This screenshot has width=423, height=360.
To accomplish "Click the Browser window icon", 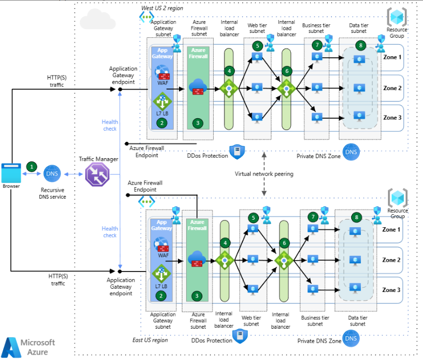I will coord(11,172).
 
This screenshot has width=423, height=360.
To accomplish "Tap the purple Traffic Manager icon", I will coord(97,175).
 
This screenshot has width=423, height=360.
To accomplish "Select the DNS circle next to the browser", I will coord(52,174).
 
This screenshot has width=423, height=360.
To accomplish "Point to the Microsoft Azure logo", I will coord(29,347).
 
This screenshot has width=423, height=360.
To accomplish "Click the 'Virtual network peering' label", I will coord(264,174).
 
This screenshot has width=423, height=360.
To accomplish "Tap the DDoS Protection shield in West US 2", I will coord(237,152).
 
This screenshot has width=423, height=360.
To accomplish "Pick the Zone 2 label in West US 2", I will coord(392,88).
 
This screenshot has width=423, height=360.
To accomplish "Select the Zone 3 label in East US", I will coord(392,290).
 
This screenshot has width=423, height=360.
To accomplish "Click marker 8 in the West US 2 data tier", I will coord(360,45).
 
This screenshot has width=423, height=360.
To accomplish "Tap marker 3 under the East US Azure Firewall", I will coord(198,295).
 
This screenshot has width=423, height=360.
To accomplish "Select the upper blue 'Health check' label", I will coord(110,125).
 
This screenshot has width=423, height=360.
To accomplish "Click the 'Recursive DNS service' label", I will coord(53,193).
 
